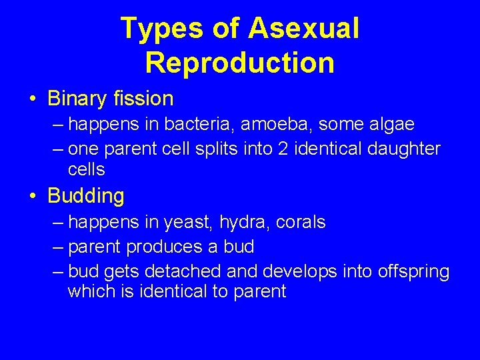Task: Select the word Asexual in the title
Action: (303, 29)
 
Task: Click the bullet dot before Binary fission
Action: (33, 100)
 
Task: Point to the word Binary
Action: (77, 99)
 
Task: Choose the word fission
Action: (143, 99)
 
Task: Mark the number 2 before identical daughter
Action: (287, 149)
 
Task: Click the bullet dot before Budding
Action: (33, 197)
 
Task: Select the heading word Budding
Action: (86, 197)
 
